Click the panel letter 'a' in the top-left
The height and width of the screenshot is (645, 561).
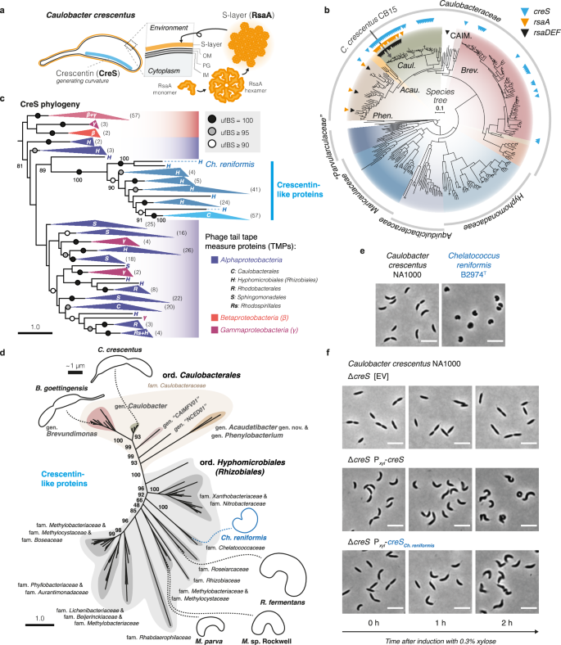5,6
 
